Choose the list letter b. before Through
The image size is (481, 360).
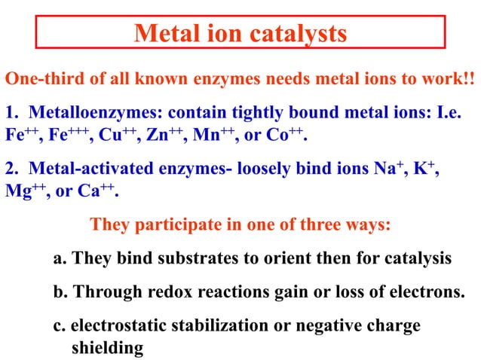[60, 291]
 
